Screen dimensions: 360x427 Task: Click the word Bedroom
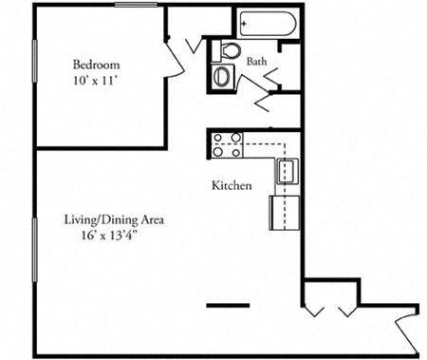(x=95, y=65)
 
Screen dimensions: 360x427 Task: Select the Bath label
(x=256, y=62)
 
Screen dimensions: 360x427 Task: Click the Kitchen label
(x=232, y=185)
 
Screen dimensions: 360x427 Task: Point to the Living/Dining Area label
(x=115, y=219)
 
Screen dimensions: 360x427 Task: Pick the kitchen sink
(x=287, y=172)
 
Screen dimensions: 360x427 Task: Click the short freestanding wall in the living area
(x=229, y=305)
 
